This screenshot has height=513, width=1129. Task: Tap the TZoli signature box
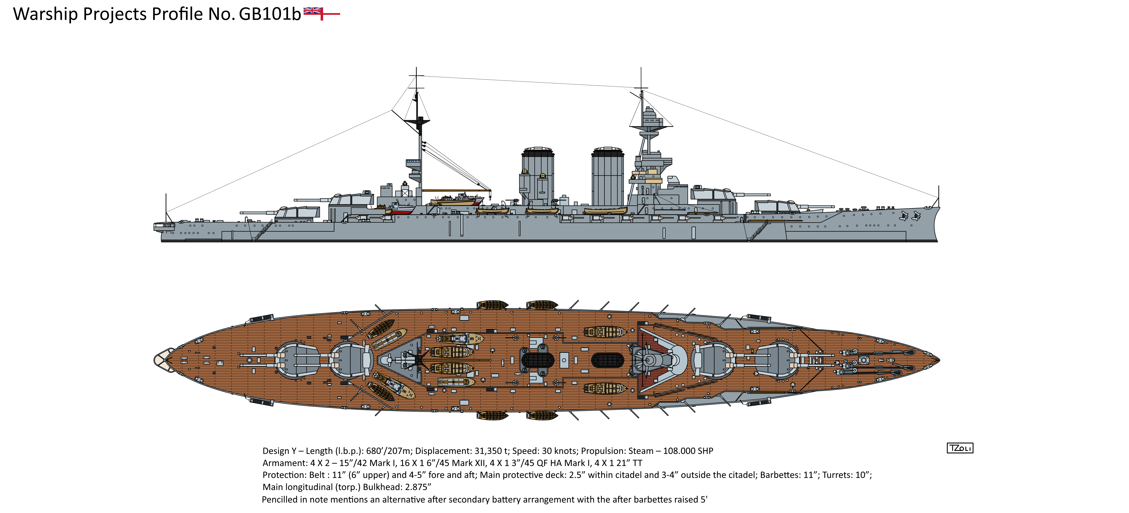click(960, 448)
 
